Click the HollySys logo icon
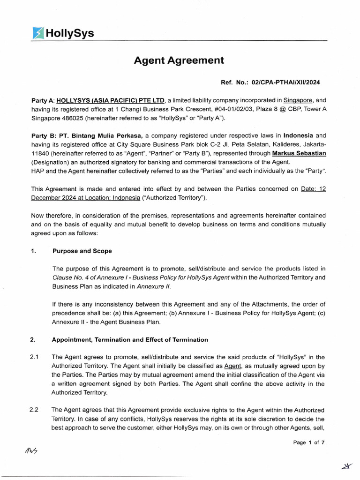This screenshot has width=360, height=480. coord(38,33)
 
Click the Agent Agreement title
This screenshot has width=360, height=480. coord(179,60)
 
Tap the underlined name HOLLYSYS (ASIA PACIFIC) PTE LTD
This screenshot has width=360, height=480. coord(111,100)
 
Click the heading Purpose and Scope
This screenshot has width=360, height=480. coord(82,251)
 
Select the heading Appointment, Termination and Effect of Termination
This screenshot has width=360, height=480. coord(130,339)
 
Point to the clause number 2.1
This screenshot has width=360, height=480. coord(34,357)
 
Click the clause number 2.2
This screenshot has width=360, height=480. coord(34,410)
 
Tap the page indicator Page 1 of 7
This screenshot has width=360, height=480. coord(308,442)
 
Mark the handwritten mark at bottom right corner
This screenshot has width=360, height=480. coord(347,465)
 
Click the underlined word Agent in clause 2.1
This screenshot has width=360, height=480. coord(233,366)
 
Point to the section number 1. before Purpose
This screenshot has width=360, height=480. coord(33,251)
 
